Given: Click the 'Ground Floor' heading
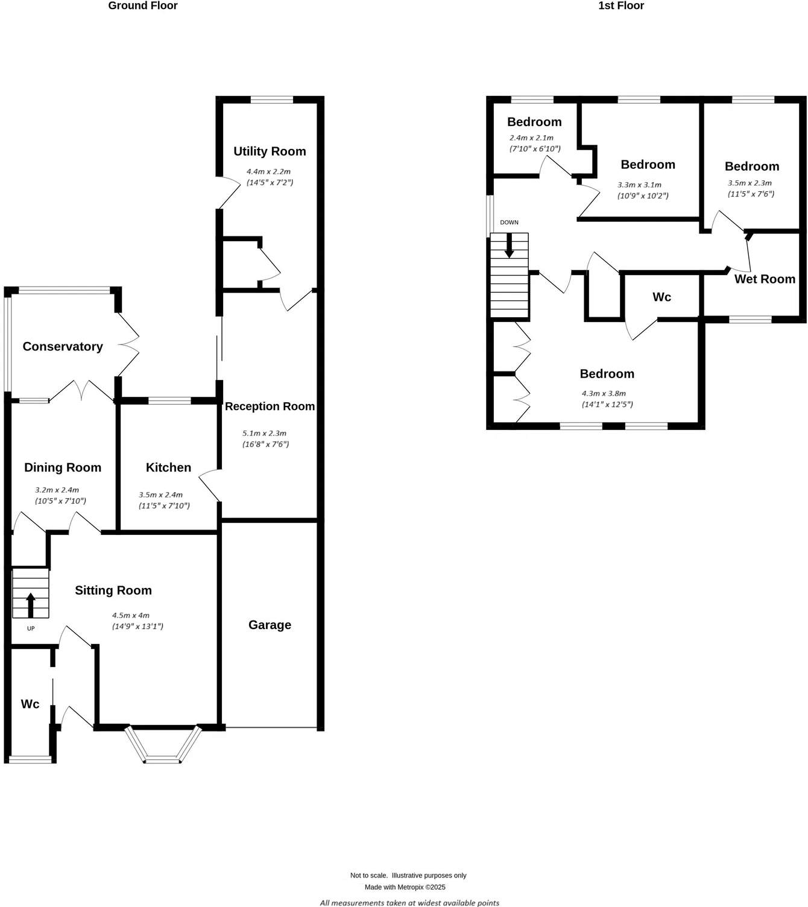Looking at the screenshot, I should point(143,6).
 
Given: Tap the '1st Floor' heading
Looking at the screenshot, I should point(620,6).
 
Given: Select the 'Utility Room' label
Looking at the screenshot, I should point(270,151).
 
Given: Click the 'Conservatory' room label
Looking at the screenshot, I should point(63,347).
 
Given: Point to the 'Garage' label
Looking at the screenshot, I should point(270,625).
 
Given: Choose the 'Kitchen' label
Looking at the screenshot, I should point(168,467).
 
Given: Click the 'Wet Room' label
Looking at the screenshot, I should point(765,279).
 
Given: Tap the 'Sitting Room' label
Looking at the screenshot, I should point(113,590).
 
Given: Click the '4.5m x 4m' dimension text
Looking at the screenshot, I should point(130,616).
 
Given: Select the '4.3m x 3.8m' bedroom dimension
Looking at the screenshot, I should point(604,394).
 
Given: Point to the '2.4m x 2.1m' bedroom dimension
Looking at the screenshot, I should point(531,138).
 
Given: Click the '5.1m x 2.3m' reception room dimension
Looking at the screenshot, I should point(264,434).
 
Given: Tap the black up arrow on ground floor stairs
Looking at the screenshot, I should point(31,604).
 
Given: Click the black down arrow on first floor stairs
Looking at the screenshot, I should point(509,245).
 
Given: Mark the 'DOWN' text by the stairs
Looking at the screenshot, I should point(509,223).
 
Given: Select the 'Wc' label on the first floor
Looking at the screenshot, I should point(661,297).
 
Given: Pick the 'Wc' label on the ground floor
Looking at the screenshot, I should point(30,704).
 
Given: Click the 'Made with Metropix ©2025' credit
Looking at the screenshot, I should point(405,887).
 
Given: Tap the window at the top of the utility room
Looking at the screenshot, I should point(271,100).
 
